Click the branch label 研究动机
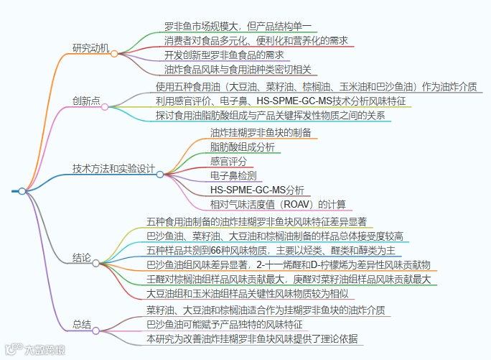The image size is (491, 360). (x=90, y=49)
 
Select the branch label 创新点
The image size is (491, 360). (x=86, y=101)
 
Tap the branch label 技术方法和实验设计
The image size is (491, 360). (x=113, y=169)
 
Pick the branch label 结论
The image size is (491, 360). (x=81, y=257)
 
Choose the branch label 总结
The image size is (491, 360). (x=81, y=324)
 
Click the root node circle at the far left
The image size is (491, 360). (x=22, y=191)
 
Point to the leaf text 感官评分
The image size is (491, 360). (x=228, y=161)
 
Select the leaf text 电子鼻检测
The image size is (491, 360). (x=233, y=175)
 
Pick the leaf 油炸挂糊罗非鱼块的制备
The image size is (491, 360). (x=260, y=132)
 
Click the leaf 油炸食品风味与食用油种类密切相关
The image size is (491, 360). (x=238, y=69)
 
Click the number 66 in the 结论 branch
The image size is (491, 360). (x=215, y=250)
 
